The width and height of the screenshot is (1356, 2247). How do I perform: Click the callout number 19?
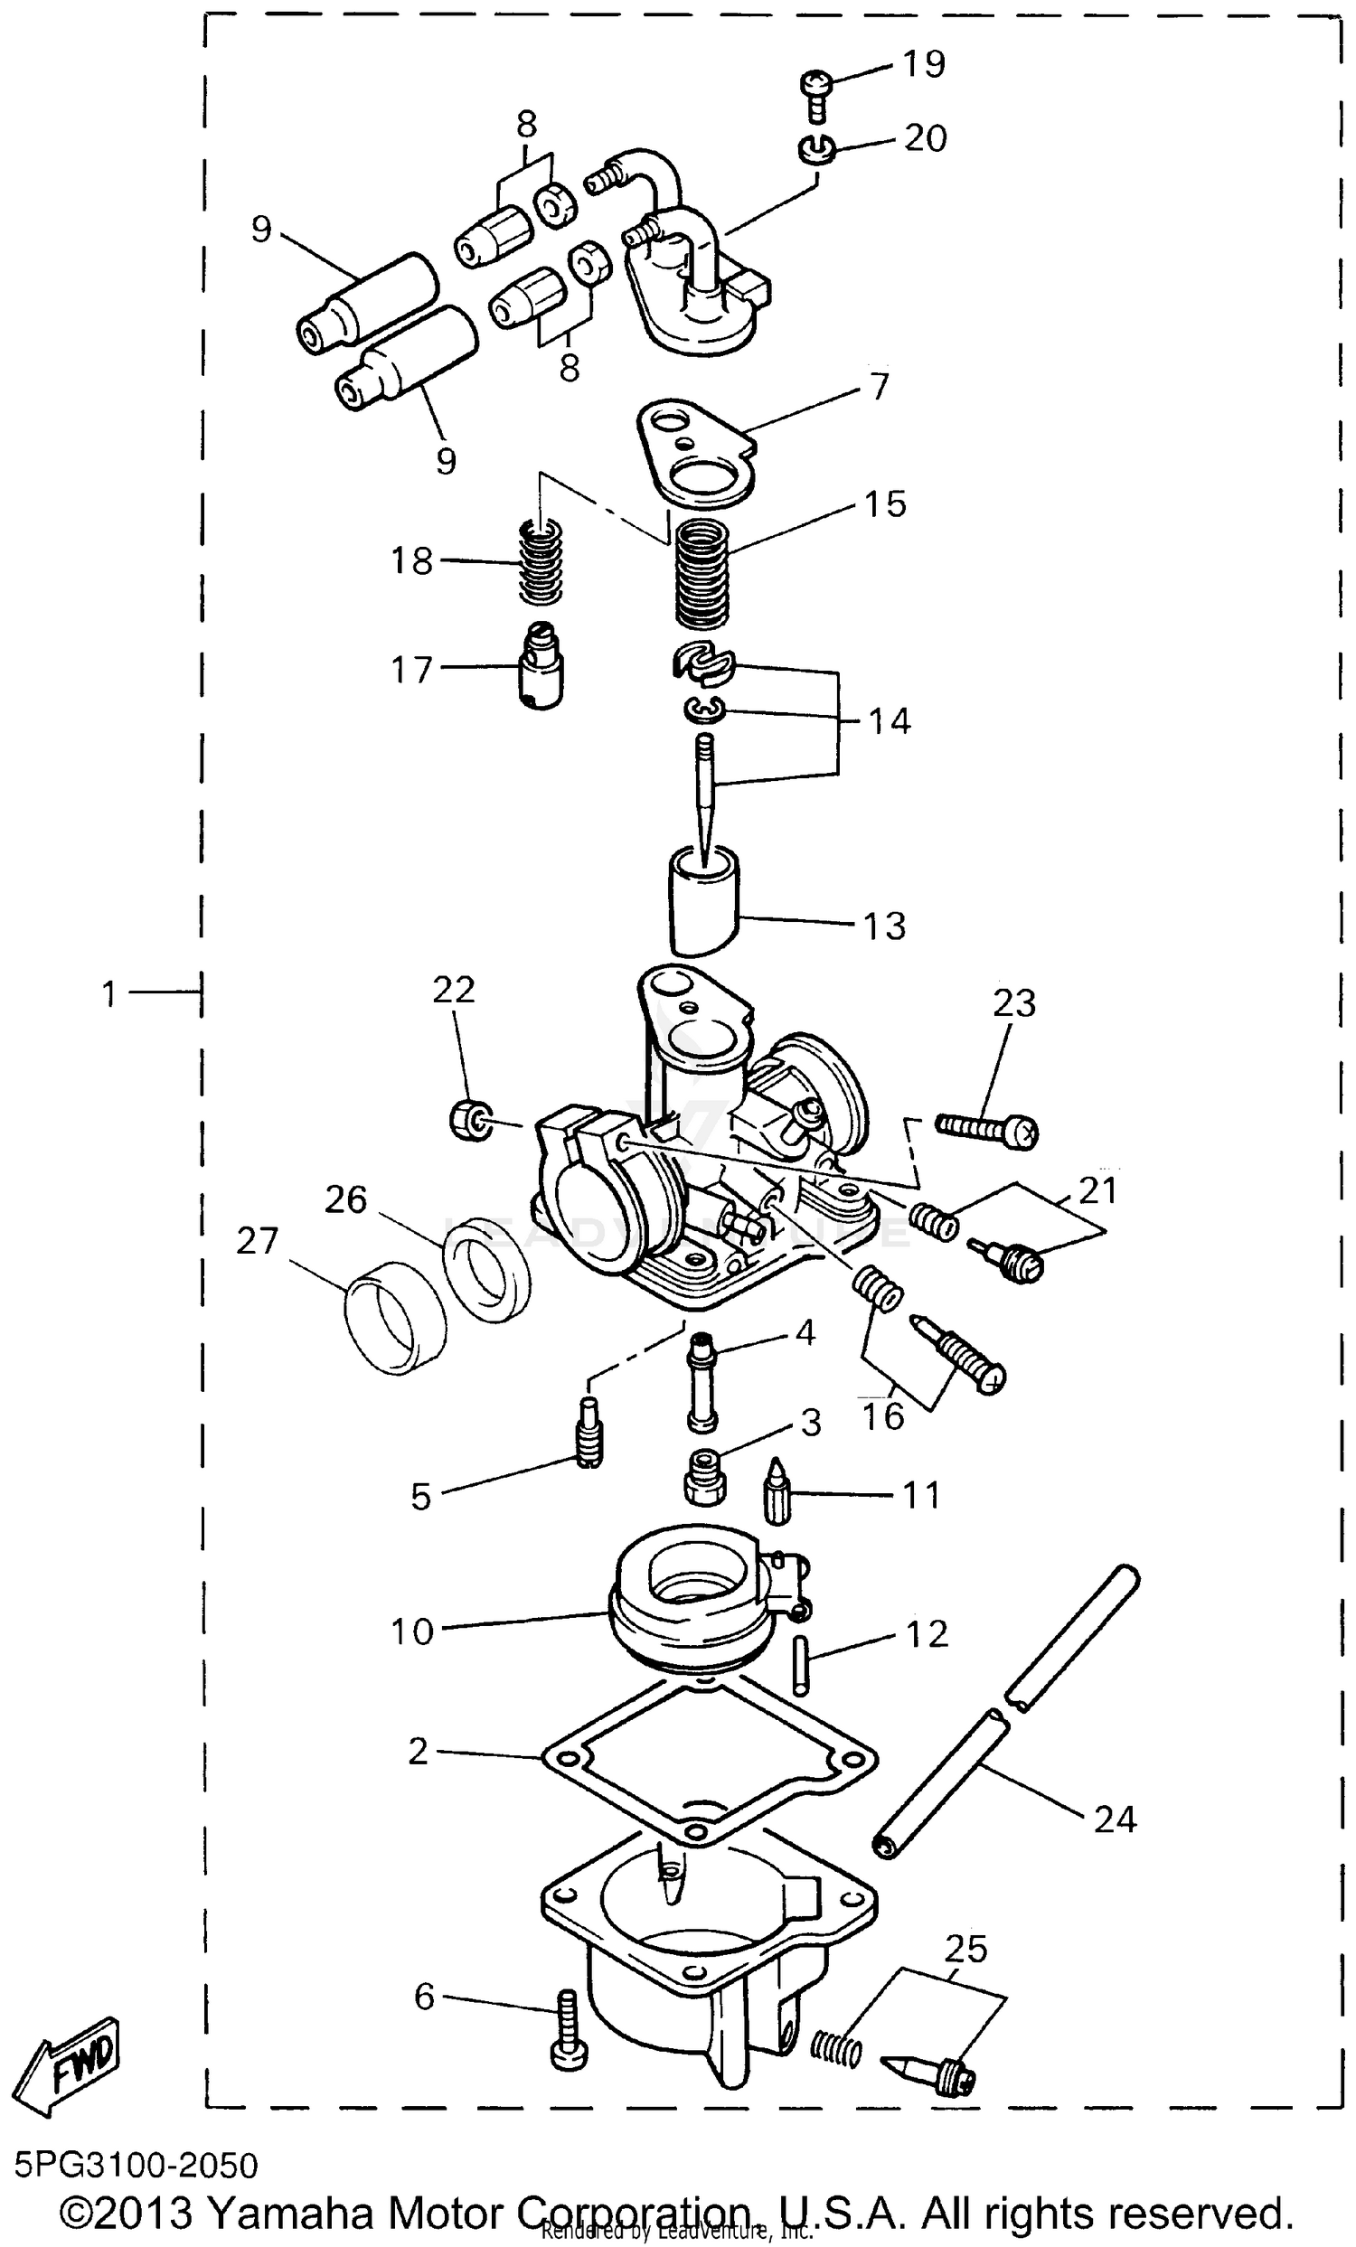pyautogui.click(x=923, y=64)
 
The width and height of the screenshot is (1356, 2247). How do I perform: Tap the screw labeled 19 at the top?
pyautogui.click(x=815, y=94)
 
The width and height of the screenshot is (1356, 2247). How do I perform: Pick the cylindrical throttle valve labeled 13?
pyautogui.click(x=704, y=898)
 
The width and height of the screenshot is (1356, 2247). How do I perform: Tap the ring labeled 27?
pyautogui.click(x=395, y=1313)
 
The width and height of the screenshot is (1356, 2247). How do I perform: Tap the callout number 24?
pyautogui.click(x=1114, y=1819)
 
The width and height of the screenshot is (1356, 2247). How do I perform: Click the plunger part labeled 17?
pyautogui.click(x=542, y=668)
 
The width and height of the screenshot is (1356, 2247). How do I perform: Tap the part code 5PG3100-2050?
pyautogui.click(x=136, y=2164)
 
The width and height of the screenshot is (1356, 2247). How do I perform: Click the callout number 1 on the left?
pyautogui.click(x=108, y=993)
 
